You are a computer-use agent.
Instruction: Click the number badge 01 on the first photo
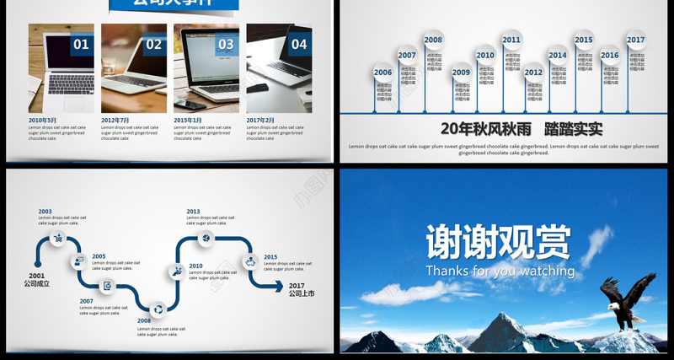pyautogui.click(x=81, y=45)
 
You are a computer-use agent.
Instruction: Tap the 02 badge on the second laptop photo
pyautogui.click(x=154, y=45)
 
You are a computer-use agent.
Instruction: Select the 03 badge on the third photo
pyautogui.click(x=227, y=45)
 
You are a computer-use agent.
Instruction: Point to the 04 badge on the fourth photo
pyautogui.click(x=299, y=45)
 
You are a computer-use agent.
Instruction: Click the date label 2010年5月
pyautogui.click(x=42, y=120)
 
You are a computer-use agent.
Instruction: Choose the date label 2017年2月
pyautogui.click(x=260, y=120)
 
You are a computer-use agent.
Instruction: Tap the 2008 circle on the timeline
pyautogui.click(x=433, y=40)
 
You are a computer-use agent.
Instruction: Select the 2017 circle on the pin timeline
pyautogui.click(x=635, y=40)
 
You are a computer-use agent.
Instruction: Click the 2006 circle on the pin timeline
pyautogui.click(x=383, y=73)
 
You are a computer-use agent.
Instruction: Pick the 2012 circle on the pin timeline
pyautogui.click(x=534, y=73)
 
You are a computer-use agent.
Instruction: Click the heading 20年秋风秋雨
pyautogui.click(x=480, y=129)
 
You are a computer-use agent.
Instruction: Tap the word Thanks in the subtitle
pyautogui.click(x=447, y=271)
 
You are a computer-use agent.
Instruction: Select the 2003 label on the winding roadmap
pyautogui.click(x=45, y=212)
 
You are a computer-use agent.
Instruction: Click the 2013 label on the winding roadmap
pyautogui.click(x=193, y=212)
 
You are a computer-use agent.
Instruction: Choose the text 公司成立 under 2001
pyautogui.click(x=36, y=284)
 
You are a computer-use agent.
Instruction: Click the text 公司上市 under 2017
pyautogui.click(x=302, y=294)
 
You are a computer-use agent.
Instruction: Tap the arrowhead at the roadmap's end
pyautogui.click(x=284, y=286)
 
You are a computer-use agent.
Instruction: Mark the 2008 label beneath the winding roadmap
pyautogui.click(x=144, y=320)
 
